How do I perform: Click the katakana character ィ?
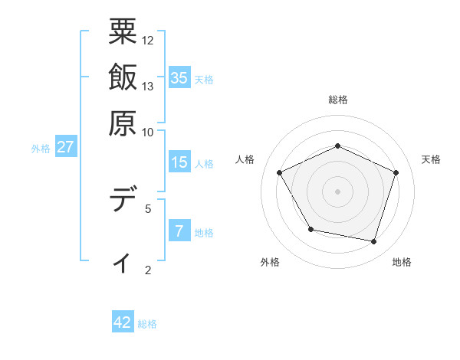tap(123, 263)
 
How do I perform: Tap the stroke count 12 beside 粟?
tap(148, 40)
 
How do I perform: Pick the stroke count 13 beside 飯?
tap(148, 86)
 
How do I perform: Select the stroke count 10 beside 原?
tap(148, 132)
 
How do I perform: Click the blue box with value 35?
tap(179, 77)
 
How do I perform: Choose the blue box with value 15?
tap(179, 162)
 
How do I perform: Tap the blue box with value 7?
tap(179, 231)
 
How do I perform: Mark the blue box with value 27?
tap(65, 147)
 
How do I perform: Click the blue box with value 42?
tap(123, 322)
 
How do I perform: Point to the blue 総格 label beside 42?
tap(147, 324)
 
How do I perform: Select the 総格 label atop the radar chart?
tap(338, 100)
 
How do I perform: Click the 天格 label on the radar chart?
tap(431, 159)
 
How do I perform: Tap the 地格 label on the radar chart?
tap(402, 262)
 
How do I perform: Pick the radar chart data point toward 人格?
tap(279, 172)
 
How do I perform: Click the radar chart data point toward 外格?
tap(310, 229)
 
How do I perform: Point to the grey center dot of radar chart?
tap(337, 191)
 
